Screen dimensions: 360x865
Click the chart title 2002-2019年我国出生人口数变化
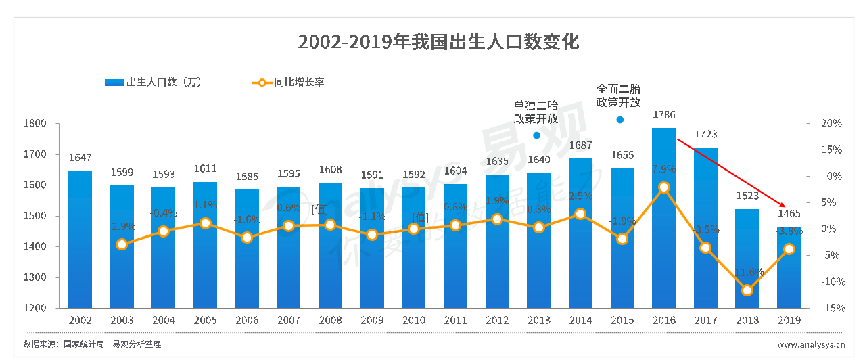438,42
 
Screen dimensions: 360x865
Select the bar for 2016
663,217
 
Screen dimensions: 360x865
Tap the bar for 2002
80,238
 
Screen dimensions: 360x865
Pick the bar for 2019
789,267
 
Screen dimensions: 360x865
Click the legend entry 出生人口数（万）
154,83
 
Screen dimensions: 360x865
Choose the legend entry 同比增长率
289,83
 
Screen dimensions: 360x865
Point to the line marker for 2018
747,290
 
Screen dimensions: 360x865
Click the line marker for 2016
663,187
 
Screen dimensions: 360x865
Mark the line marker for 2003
122,244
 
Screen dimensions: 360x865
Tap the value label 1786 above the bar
663,115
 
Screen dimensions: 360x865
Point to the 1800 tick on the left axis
36,124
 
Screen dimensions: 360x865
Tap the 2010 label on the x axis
413,320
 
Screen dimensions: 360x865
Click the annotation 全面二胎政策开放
618,95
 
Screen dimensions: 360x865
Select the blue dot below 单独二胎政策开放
536,135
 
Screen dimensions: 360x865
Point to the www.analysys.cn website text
810,345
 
